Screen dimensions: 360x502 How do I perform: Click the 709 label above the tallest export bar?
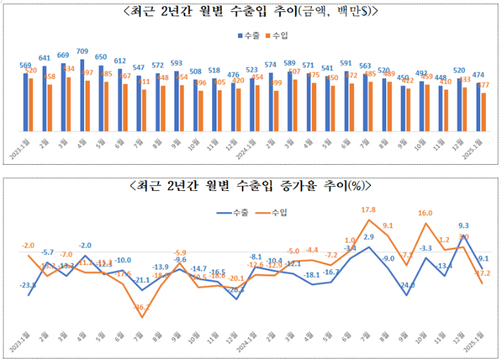click(82, 51)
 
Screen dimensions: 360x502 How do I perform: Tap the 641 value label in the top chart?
click(45, 58)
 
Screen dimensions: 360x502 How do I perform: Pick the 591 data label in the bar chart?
click(346, 63)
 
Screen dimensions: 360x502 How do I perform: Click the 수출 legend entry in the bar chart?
click(250, 33)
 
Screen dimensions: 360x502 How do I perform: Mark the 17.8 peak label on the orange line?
click(368, 210)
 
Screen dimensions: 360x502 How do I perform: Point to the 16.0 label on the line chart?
click(425, 213)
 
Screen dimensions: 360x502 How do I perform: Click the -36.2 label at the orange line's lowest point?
click(141, 308)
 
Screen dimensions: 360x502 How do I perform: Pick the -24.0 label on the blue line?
click(407, 285)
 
